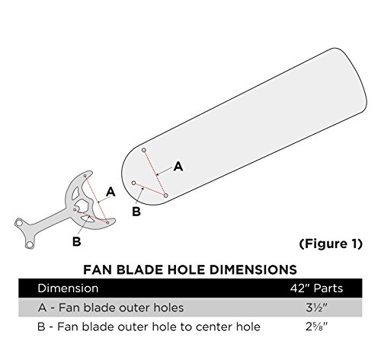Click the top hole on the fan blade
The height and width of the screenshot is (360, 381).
144,151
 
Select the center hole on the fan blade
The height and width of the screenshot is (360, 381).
133,183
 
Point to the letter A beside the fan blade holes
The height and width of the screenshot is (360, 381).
178,166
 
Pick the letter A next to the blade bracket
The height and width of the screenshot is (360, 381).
111,193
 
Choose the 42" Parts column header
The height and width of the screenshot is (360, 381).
319,289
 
